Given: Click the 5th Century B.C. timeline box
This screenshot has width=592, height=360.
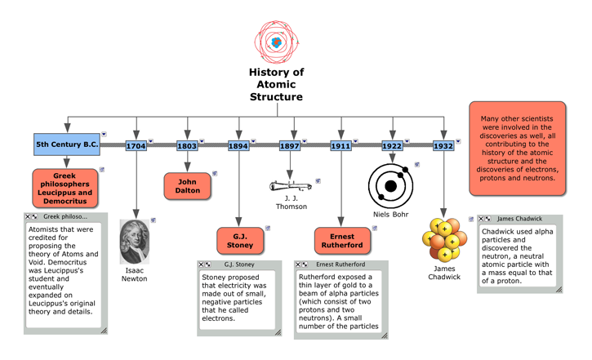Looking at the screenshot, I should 66,145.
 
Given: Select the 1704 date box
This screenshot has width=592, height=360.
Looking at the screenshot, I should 136,146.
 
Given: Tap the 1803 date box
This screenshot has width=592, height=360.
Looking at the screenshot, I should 187,146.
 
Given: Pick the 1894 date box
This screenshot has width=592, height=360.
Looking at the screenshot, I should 238,146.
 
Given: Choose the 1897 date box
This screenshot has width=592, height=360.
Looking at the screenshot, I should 290,146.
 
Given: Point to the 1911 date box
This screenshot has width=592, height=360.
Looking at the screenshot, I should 341,146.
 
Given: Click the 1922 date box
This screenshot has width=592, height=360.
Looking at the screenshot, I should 392,146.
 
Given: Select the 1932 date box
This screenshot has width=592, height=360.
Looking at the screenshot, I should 443,146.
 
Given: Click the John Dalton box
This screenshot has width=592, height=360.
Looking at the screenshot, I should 187,185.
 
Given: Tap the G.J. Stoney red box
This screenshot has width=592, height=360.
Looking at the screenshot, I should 238,241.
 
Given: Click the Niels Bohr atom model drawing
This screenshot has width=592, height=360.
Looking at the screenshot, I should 391,185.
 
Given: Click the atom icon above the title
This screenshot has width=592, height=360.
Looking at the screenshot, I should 277,42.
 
